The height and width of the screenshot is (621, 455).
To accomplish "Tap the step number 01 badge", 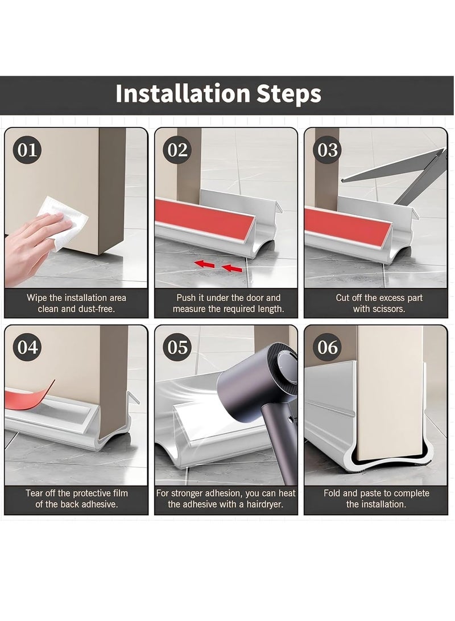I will pyautogui.click(x=27, y=150).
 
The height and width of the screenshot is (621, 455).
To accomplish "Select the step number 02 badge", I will pyautogui.click(x=177, y=150).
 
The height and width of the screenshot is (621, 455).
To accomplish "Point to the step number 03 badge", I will pyautogui.click(x=328, y=150).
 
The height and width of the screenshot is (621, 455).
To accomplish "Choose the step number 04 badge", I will pyautogui.click(x=27, y=347).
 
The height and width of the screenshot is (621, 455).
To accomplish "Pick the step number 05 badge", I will pyautogui.click(x=177, y=347).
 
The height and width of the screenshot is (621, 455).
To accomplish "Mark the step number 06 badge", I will pyautogui.click(x=328, y=347).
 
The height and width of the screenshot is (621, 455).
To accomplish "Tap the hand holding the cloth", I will pyautogui.click(x=28, y=242).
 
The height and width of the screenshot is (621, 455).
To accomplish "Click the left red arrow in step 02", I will pyautogui.click(x=205, y=264).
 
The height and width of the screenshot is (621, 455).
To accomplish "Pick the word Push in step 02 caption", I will pyautogui.click(x=187, y=298).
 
